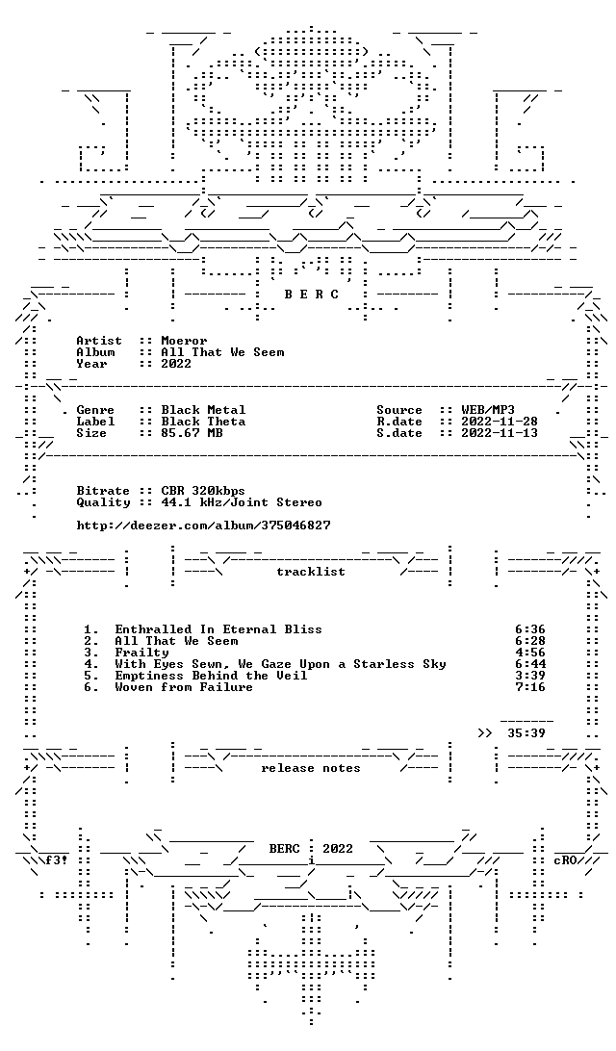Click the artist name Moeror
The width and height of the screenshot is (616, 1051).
point(185,341)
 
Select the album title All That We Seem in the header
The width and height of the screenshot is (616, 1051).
point(222,352)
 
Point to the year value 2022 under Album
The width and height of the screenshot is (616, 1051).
point(176,363)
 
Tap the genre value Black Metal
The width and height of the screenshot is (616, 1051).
point(203,410)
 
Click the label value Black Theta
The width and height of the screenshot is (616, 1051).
point(203,421)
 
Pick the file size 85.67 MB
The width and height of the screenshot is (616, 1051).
point(192,432)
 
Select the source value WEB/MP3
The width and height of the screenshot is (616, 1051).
point(488,410)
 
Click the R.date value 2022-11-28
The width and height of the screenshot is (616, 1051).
point(500,421)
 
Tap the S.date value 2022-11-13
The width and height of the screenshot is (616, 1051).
point(500,432)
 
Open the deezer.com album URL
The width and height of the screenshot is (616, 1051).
point(203,525)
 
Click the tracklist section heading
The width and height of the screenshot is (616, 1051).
point(311,571)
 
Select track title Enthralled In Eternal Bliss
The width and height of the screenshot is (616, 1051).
point(218,629)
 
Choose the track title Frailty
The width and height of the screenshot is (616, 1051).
point(141,653)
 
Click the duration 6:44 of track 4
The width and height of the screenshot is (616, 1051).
point(530,663)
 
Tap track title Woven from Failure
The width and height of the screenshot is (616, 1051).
point(184,687)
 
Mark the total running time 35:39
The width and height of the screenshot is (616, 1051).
point(526,732)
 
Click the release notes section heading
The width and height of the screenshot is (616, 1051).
point(311,768)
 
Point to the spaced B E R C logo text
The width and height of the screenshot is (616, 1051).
point(311,294)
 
